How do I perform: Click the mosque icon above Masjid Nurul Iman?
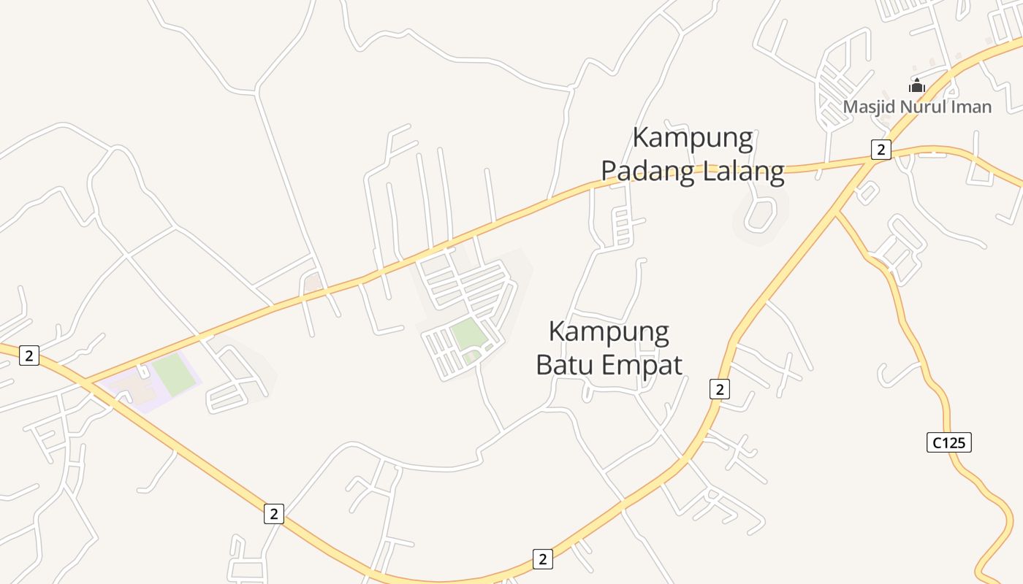point(917,85)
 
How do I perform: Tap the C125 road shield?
point(949,442)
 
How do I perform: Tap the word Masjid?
point(867,107)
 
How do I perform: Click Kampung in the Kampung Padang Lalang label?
point(693,139)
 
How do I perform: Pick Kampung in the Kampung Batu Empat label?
point(609,332)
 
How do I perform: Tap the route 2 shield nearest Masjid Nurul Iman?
point(881,150)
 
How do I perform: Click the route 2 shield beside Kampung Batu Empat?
point(720,389)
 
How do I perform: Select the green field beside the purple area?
point(174,373)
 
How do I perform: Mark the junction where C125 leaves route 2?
point(836,213)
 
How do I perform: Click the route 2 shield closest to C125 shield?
point(720,389)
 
